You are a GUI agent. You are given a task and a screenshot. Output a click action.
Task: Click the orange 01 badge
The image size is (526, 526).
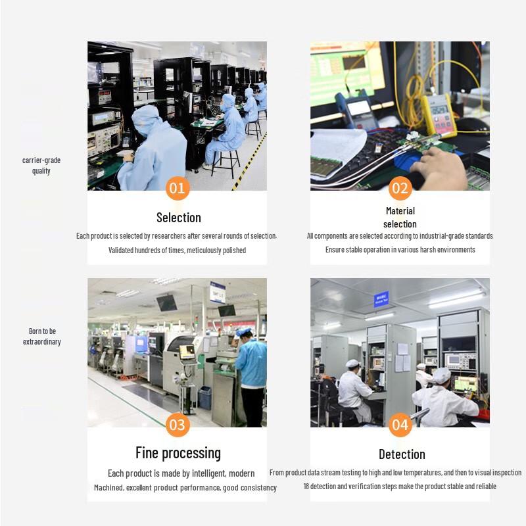[x=178, y=188]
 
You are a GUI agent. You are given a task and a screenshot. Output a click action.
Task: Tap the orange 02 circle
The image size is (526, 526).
[x=400, y=188]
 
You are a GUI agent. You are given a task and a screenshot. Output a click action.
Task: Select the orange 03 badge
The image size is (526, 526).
[x=178, y=425]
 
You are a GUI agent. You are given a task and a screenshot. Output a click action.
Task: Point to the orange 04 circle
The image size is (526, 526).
[x=400, y=425]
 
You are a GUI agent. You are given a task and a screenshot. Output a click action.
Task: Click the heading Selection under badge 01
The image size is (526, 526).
[x=179, y=218]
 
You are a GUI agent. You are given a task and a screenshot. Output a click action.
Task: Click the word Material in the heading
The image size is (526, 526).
[x=400, y=211]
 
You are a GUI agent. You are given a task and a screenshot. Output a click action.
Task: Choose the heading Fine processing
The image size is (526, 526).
[x=178, y=453]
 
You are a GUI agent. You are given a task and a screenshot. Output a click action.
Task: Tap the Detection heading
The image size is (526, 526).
[x=402, y=454]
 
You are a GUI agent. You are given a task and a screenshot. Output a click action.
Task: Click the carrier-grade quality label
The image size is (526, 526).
[x=41, y=166]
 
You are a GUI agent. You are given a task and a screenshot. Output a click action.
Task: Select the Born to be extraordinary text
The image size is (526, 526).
[x=42, y=337]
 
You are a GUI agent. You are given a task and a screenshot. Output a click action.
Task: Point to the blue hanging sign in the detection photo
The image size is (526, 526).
[x=381, y=299]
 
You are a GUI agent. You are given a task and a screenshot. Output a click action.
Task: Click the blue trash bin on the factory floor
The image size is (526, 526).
[x=204, y=398]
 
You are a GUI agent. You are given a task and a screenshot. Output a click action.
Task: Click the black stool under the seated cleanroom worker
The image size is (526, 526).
[x=226, y=163]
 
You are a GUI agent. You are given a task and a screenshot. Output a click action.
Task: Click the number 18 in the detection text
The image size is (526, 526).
[x=306, y=486]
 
